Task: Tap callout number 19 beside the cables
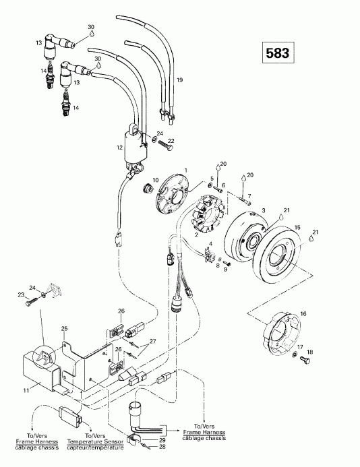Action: click(179, 80)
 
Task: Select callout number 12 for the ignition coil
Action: click(119, 146)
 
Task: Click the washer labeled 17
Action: click(297, 354)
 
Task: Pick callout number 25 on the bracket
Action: click(65, 329)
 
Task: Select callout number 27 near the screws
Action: click(153, 342)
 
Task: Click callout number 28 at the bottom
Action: click(162, 446)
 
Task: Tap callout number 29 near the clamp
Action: click(162, 439)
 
